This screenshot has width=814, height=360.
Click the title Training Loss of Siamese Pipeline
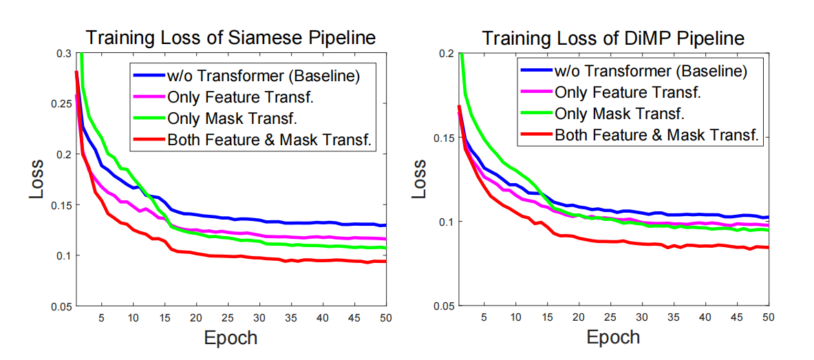(x=230, y=38)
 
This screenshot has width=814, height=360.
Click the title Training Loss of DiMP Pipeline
(x=612, y=38)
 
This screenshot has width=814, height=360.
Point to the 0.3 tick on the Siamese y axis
(x=63, y=54)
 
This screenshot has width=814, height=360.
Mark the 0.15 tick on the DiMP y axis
(x=445, y=138)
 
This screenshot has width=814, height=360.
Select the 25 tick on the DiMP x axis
(x=609, y=318)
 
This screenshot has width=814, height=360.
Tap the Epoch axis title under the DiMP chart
(x=612, y=338)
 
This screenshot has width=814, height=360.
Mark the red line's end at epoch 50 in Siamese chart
(x=385, y=262)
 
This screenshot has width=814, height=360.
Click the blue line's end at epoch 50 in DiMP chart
(x=768, y=217)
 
